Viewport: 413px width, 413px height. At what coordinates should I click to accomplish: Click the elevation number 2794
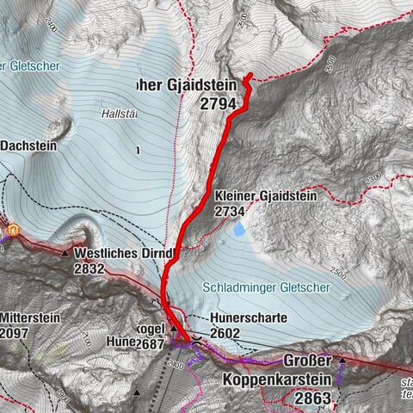pyautogui.click(x=217, y=103)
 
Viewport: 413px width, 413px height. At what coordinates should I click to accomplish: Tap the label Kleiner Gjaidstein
pyautogui.click(x=266, y=196)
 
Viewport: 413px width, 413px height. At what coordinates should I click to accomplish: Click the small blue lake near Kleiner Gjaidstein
pyautogui.click(x=238, y=230)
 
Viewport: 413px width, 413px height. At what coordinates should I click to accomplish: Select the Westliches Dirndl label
pyautogui.click(x=124, y=254)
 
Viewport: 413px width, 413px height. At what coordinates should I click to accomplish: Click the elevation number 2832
pyautogui.click(x=89, y=268)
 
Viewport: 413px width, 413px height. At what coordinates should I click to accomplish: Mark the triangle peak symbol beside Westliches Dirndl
pyautogui.click(x=65, y=254)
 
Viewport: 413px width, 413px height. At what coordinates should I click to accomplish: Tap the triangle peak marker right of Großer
pyautogui.click(x=342, y=358)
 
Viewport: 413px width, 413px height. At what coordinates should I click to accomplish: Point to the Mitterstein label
pyautogui.click(x=30, y=317)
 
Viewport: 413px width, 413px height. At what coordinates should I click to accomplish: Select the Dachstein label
pyautogui.click(x=28, y=146)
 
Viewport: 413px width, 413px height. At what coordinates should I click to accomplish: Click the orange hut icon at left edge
pyautogui.click(x=14, y=229)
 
